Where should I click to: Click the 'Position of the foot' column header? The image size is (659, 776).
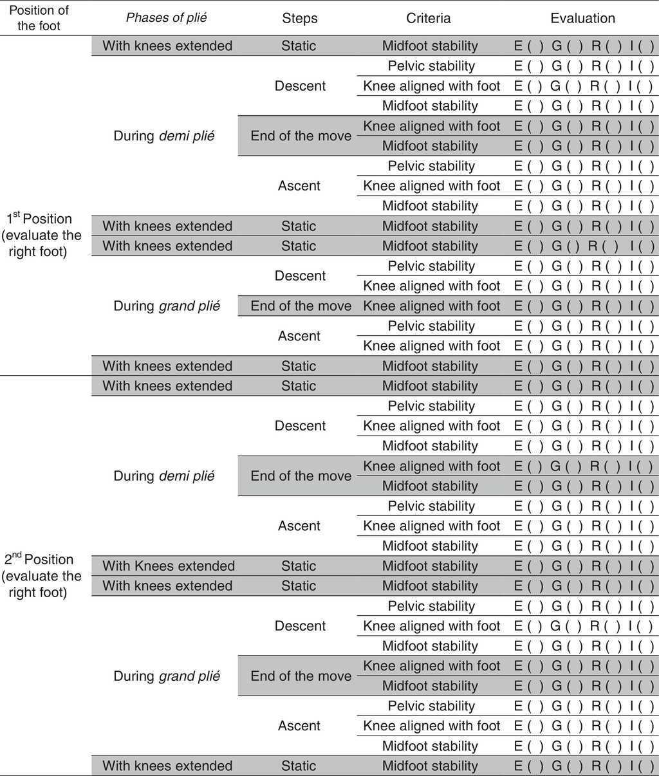coord(39,18)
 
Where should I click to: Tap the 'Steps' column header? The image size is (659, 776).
coord(299,18)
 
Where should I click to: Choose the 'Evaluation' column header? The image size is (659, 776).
coord(582,18)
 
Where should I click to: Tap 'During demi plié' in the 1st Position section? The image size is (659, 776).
coord(164,136)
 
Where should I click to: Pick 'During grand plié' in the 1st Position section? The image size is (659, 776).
coord(167,306)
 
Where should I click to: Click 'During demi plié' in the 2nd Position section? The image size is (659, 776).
coord(164,476)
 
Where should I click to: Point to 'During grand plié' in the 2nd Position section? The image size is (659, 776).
coord(167,676)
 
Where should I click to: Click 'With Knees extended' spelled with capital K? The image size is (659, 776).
coord(169,566)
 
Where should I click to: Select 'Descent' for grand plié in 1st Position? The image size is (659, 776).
coord(300,276)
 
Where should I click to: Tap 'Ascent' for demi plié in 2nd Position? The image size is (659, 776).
coord(299,526)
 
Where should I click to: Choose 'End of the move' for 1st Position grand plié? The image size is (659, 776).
coord(301,306)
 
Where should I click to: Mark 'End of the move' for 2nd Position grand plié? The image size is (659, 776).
coord(301,676)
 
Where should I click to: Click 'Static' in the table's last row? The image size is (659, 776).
coord(299,766)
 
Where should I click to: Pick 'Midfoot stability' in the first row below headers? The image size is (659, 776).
coord(430,46)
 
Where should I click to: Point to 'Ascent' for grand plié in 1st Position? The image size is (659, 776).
coord(299,336)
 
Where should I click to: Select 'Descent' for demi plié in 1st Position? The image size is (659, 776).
coord(300,86)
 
